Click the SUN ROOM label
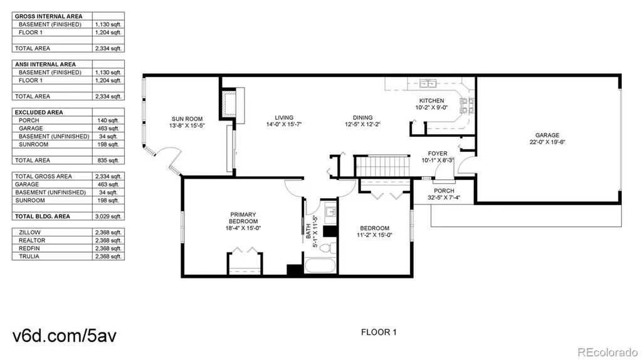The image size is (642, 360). pos(187,119)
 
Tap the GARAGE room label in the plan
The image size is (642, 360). pos(547,135)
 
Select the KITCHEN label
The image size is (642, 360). pos(431,101)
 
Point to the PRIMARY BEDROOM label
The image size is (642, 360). pos(243,218)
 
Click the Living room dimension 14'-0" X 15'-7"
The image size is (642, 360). pos(284,125)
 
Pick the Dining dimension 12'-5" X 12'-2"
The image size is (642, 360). pos(363,124)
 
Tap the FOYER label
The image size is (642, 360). pos(438,154)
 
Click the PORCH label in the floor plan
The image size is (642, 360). pos(444,191)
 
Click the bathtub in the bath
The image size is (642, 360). pos(320,265)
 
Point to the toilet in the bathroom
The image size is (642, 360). pos(327,248)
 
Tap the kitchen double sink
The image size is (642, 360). pos(428,83)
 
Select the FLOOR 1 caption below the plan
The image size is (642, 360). pos(379,332)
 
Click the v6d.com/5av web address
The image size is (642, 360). pos(65,336)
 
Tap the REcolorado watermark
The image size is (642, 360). pos(608,352)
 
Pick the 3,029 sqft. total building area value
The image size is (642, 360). pos(108,216)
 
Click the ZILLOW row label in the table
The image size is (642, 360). pos(29,232)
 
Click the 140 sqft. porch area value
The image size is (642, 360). pos(108,120)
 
